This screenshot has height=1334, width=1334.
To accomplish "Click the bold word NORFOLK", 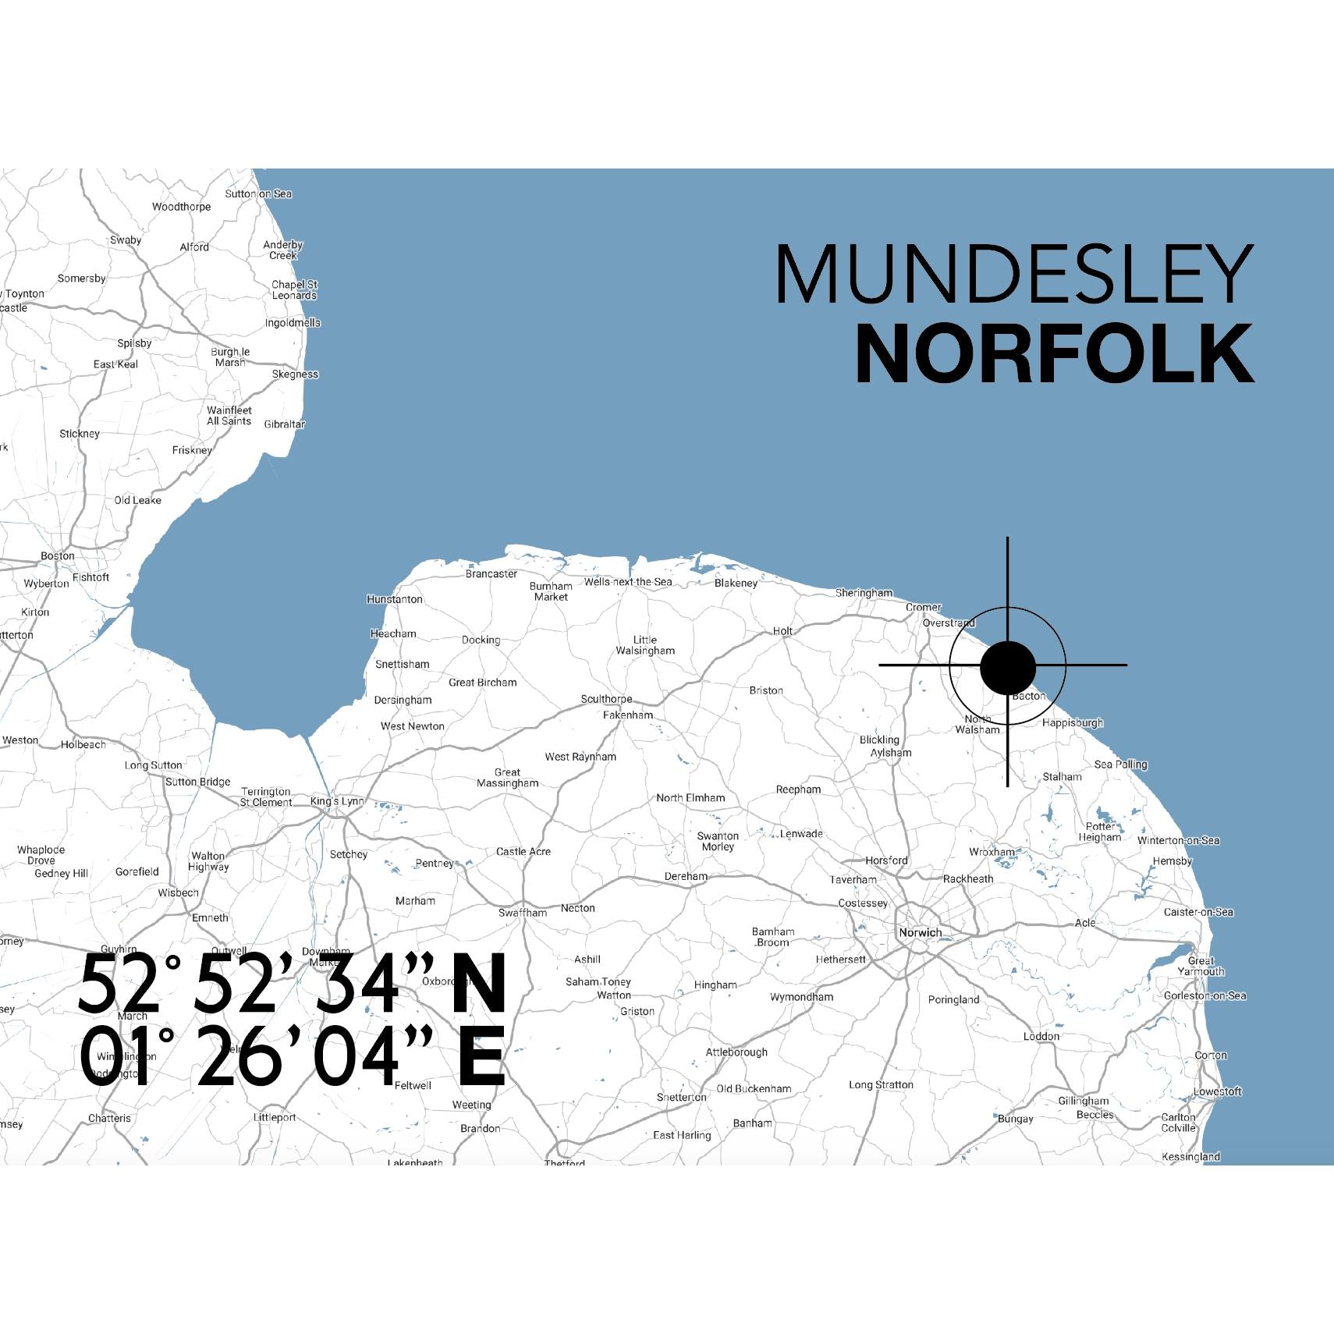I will (x=1054, y=355).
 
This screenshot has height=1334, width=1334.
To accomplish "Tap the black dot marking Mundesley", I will (x=1007, y=667).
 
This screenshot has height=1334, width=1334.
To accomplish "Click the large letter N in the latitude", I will (x=480, y=985).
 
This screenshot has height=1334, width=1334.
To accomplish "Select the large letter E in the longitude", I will (x=481, y=1057).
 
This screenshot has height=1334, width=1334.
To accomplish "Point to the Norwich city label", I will (x=920, y=932).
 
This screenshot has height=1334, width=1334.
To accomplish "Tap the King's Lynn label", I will (x=337, y=801).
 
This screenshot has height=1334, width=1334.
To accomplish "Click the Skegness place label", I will (x=295, y=374).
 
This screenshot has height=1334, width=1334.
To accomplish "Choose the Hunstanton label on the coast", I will (x=395, y=599).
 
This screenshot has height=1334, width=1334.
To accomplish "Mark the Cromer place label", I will (x=924, y=607).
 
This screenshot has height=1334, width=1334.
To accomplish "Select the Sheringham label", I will (x=864, y=593).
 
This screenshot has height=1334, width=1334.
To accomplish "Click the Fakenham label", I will (x=628, y=715).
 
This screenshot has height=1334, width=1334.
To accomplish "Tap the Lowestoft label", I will (x=1217, y=1091).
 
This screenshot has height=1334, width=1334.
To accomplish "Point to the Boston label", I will (x=58, y=556).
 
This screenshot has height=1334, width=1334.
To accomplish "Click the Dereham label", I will (x=686, y=876).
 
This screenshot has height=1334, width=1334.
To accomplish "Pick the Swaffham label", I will (x=523, y=913).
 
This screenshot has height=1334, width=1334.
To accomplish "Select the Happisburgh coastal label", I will (x=1073, y=722).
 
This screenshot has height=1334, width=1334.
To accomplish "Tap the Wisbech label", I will (x=178, y=892).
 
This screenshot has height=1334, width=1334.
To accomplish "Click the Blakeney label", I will (x=736, y=583).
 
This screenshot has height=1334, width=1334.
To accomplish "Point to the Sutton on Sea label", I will (x=258, y=193).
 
